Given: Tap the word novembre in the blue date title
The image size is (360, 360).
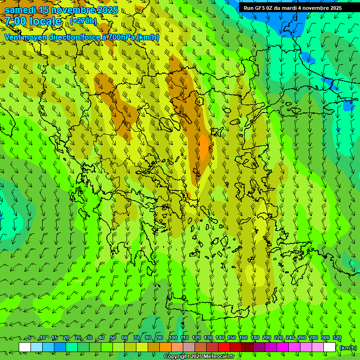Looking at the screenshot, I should click(73, 10).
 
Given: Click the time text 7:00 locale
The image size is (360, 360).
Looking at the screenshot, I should click(33, 21).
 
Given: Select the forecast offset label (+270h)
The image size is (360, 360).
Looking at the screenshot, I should click(83, 21).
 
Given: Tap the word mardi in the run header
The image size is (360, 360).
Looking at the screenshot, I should click(297, 8).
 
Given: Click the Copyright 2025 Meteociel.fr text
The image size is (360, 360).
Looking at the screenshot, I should click(199, 357).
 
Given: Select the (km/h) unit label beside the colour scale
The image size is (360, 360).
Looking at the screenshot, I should click(348, 348).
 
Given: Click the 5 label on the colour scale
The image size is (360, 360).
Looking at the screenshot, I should click(30, 338).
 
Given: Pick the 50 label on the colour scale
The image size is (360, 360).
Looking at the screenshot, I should click(113, 338).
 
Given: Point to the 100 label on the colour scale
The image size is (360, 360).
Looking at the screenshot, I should click(173, 338).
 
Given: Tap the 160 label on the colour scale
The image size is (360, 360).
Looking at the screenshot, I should click(243, 338).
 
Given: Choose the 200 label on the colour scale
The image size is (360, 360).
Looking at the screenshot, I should click(267, 338).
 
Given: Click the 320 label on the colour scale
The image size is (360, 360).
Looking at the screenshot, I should click(337, 338).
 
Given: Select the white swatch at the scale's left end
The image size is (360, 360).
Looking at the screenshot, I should click(25, 347).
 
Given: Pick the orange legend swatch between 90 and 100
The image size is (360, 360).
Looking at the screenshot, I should click(165, 347).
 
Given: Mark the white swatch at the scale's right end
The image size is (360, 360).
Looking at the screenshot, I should click(330, 347).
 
